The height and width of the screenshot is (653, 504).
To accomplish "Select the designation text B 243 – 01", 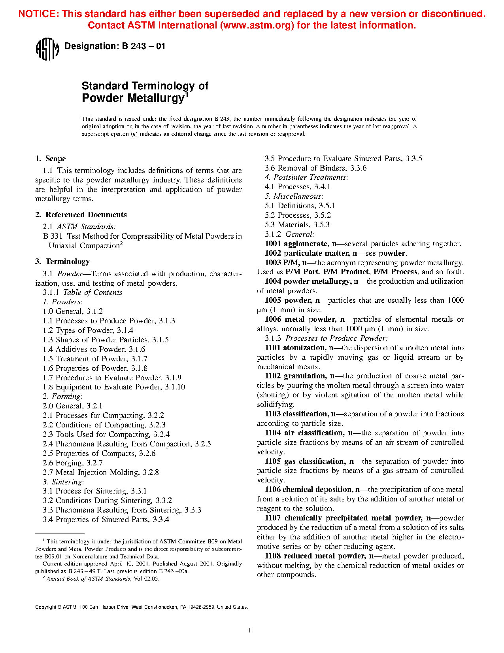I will coord(143,46).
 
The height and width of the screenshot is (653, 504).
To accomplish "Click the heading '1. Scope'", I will coord(50,159).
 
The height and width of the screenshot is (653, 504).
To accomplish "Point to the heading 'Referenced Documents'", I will coord(86,215).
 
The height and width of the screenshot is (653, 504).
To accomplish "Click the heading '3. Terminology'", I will coord(62,262).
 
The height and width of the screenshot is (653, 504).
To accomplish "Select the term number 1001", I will coord(273,244).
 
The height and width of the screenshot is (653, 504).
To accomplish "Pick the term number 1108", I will coord(273,556).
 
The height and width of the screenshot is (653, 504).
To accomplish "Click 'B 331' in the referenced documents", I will coord(53,236).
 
